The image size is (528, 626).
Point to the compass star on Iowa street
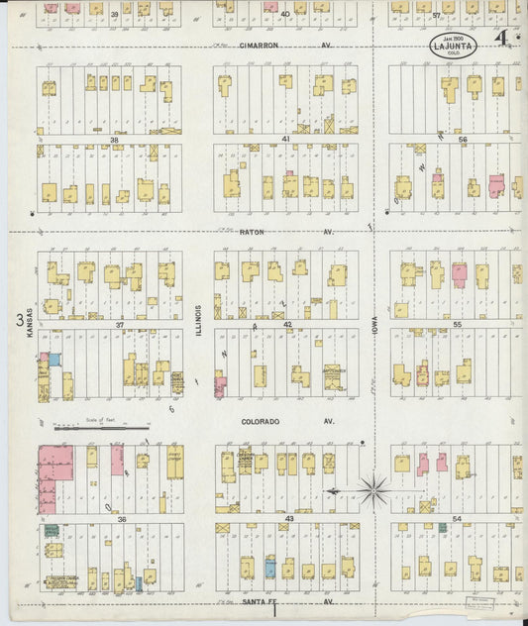(x=374, y=487)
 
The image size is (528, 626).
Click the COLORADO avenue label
(x=261, y=421)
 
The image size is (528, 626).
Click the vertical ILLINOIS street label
(x=198, y=319)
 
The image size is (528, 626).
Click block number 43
(x=289, y=518)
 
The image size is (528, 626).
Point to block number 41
(x=285, y=140)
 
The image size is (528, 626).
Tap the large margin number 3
(x=20, y=319)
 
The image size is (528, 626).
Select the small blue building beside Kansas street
(x=55, y=360)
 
